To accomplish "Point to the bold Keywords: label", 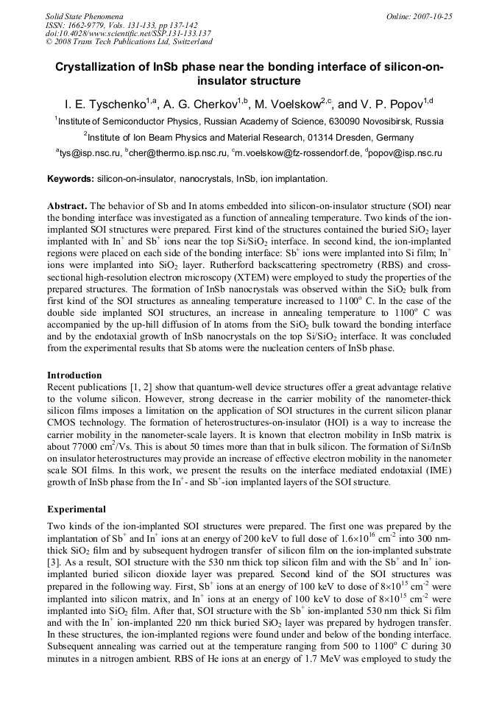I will (71, 179).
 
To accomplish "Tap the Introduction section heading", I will (74, 375).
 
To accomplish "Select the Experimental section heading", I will (77, 509).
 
